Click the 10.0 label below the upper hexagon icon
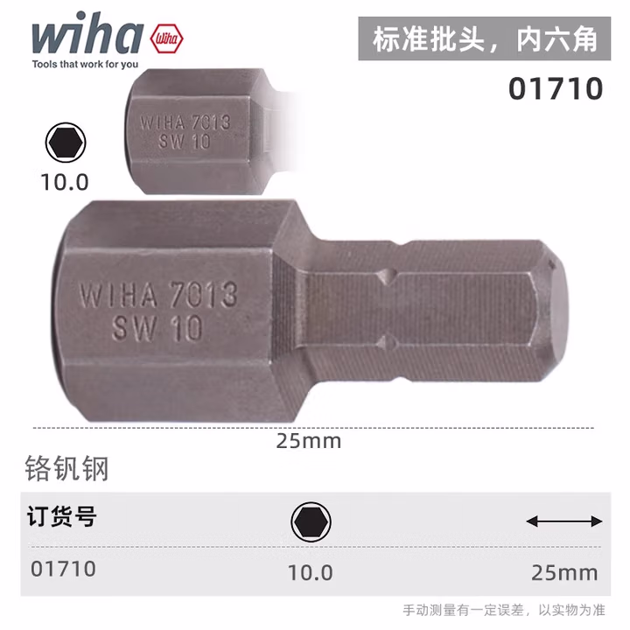64,182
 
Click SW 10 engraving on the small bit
185,142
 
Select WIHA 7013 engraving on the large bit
157,294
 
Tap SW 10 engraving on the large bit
157,327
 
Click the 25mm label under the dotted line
308,441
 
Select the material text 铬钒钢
66,469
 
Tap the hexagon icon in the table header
311,523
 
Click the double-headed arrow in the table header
563,521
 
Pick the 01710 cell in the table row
63,569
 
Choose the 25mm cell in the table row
563,572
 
